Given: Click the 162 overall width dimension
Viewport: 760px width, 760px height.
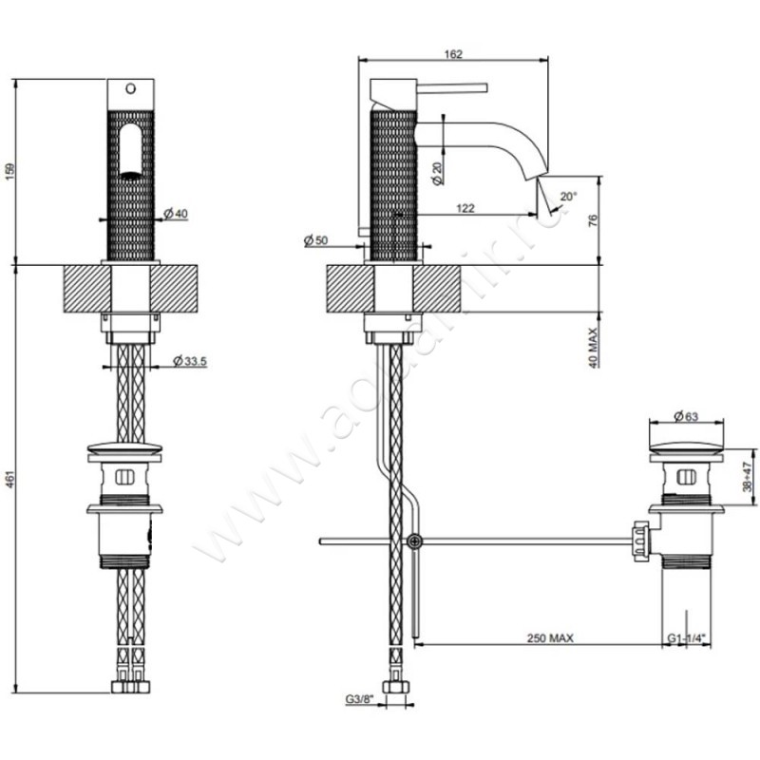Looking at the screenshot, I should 453,54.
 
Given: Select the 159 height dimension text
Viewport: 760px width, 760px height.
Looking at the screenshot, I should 10,171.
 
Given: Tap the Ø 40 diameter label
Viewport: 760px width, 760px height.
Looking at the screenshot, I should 175,214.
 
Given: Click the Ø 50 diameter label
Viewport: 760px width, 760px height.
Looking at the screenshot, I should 315,241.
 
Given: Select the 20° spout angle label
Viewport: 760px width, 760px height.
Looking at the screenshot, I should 568,196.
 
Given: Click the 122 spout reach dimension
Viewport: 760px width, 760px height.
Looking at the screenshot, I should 465,208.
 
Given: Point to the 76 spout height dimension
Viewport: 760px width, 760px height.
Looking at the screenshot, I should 592,220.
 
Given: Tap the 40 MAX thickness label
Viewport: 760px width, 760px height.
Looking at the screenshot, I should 592,346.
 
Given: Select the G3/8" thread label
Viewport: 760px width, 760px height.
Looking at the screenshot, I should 360,700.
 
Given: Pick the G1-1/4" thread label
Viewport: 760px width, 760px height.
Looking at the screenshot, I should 686,637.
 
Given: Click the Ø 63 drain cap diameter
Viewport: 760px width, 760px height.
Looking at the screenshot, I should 686,416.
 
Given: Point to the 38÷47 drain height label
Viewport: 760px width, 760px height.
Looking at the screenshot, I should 748,471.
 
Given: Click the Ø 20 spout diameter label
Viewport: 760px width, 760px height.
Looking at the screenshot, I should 436,174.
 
